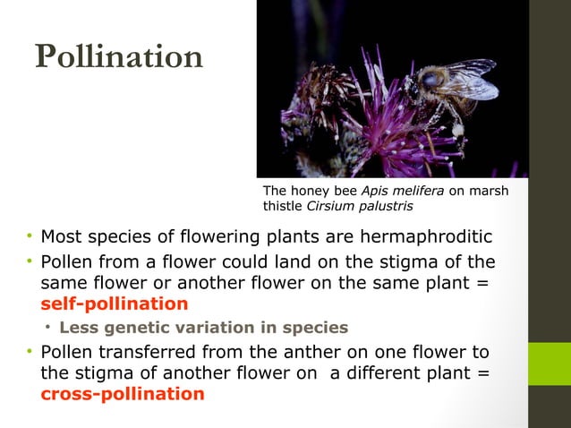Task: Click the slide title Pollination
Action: (x=119, y=56)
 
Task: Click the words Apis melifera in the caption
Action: (x=395, y=191)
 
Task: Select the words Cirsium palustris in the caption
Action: (x=361, y=207)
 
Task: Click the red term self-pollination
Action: (x=114, y=304)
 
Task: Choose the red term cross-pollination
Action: (x=122, y=394)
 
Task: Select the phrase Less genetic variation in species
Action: (x=203, y=327)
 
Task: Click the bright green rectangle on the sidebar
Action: (x=550, y=364)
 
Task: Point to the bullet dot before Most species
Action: (x=29, y=237)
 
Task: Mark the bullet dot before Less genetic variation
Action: (x=49, y=327)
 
